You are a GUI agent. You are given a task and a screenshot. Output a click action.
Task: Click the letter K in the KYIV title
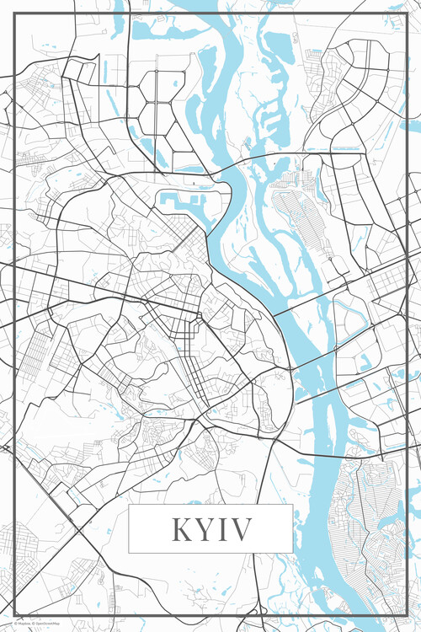click(x=181, y=529)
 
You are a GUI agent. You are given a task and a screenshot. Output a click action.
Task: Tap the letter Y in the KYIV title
click(x=204, y=529)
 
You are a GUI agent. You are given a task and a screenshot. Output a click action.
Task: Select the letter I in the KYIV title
click(x=222, y=529)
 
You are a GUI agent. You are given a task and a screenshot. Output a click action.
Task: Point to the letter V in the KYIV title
click(x=240, y=529)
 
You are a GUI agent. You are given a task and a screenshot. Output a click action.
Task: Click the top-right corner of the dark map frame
click(x=408, y=13)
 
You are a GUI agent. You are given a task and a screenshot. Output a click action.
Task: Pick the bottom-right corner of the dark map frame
click(x=408, y=617)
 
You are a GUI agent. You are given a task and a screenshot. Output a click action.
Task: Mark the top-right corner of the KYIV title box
click(x=292, y=506)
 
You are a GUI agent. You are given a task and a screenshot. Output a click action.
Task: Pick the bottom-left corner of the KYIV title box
click(x=129, y=553)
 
